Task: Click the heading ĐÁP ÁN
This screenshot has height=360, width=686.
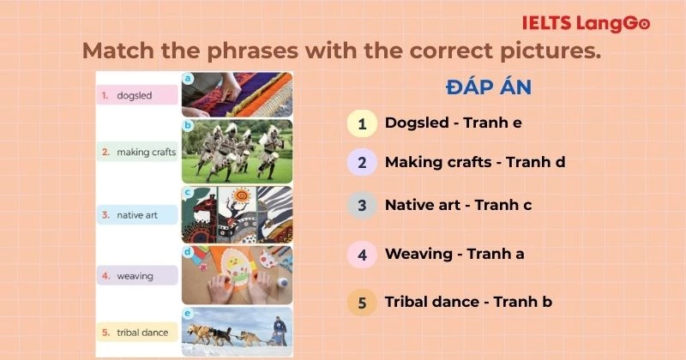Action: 489,87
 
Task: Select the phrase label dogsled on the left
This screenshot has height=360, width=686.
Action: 135,96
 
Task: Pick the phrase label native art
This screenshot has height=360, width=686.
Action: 136,215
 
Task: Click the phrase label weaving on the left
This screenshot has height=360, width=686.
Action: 135,276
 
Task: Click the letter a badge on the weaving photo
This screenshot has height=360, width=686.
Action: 187,77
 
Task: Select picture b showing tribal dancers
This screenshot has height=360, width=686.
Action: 237,151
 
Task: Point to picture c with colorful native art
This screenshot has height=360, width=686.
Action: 237,214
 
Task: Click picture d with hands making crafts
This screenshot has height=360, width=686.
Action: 237,274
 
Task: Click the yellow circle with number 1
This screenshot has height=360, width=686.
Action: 362,123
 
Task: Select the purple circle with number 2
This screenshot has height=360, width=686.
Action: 362,162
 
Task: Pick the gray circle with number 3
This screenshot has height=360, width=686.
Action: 362,206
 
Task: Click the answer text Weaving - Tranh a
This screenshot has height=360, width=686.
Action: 454,254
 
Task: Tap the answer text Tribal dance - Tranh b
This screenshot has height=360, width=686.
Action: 468,302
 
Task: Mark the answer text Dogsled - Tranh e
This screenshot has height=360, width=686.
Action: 454,123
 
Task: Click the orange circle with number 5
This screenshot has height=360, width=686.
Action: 362,303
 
